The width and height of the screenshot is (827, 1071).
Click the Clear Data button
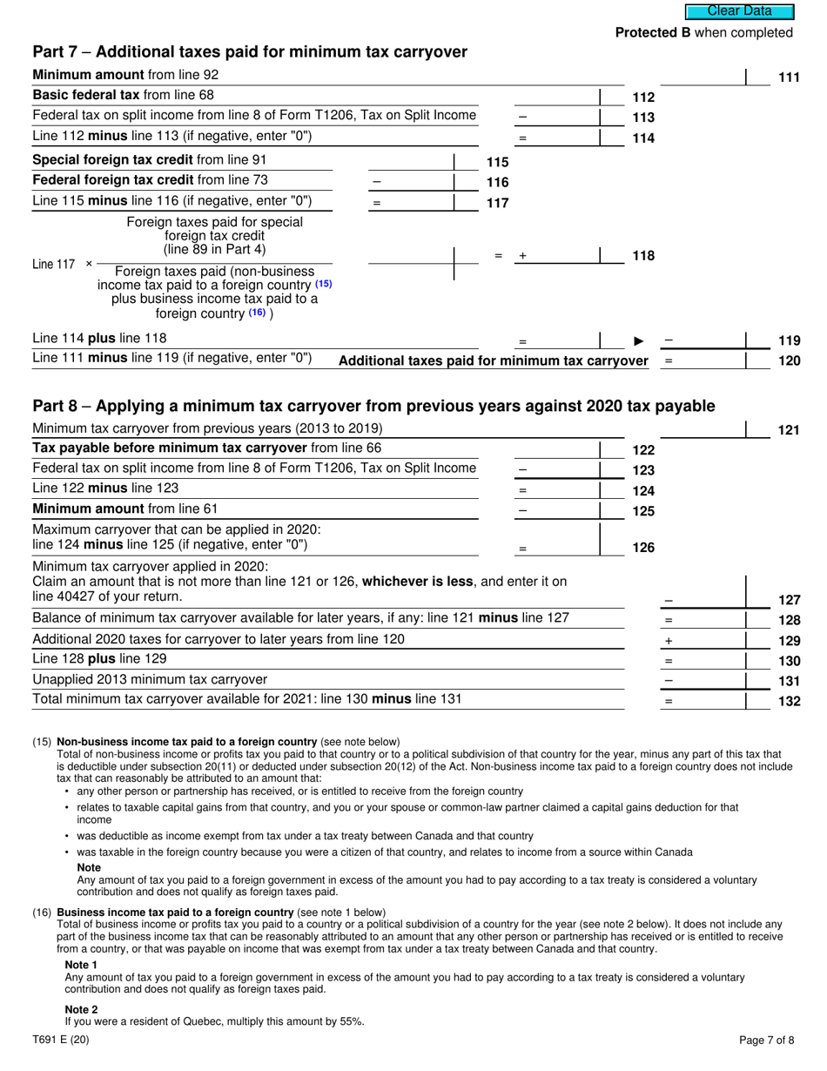(x=739, y=11)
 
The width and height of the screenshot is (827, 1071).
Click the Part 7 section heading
(x=250, y=52)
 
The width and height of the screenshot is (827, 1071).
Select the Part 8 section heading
(x=373, y=406)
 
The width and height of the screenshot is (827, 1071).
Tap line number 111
(x=788, y=78)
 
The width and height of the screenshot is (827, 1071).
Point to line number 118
(x=642, y=256)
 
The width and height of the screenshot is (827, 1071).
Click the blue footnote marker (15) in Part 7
(x=323, y=284)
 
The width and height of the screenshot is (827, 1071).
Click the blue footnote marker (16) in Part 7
(x=257, y=313)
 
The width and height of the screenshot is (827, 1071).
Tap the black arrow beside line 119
(x=639, y=340)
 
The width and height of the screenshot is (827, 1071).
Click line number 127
(x=788, y=600)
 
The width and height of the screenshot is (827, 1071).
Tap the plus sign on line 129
(x=669, y=640)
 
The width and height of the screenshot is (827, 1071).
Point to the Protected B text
(x=703, y=32)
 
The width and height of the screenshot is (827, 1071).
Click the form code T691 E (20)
(x=60, y=1039)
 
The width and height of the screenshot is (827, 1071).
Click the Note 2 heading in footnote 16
(x=82, y=1009)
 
